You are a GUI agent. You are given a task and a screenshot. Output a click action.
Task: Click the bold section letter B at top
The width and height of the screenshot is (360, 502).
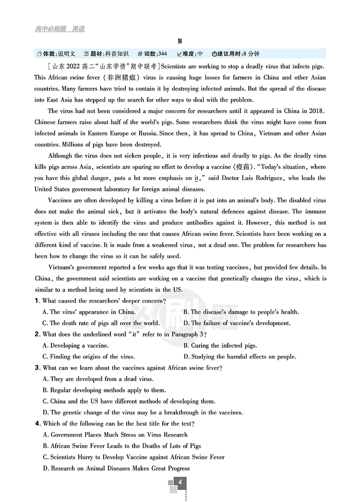(180, 42)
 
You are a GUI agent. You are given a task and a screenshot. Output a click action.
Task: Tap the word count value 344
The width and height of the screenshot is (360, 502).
(162, 54)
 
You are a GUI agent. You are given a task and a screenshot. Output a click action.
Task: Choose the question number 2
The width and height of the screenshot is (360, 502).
(37, 334)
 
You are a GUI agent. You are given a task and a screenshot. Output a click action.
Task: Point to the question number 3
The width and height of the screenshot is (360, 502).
(37, 368)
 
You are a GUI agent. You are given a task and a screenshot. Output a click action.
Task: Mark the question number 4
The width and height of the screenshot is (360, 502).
(37, 424)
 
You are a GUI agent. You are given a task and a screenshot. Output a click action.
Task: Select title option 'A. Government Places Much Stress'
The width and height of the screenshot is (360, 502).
(115, 435)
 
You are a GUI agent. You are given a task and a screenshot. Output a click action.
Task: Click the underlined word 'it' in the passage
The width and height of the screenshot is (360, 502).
(196, 178)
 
